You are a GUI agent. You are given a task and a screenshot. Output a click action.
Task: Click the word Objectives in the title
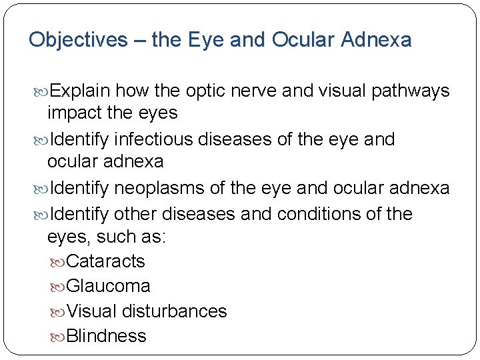click(77, 40)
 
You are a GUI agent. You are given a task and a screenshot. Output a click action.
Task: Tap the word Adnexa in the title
click(376, 40)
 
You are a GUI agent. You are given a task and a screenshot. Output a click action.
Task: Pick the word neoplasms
click(160, 189)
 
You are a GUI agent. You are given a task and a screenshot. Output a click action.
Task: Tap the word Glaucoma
click(109, 286)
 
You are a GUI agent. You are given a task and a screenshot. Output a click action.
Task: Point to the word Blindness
click(107, 336)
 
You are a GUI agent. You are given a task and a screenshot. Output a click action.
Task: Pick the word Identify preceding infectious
click(79, 139)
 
